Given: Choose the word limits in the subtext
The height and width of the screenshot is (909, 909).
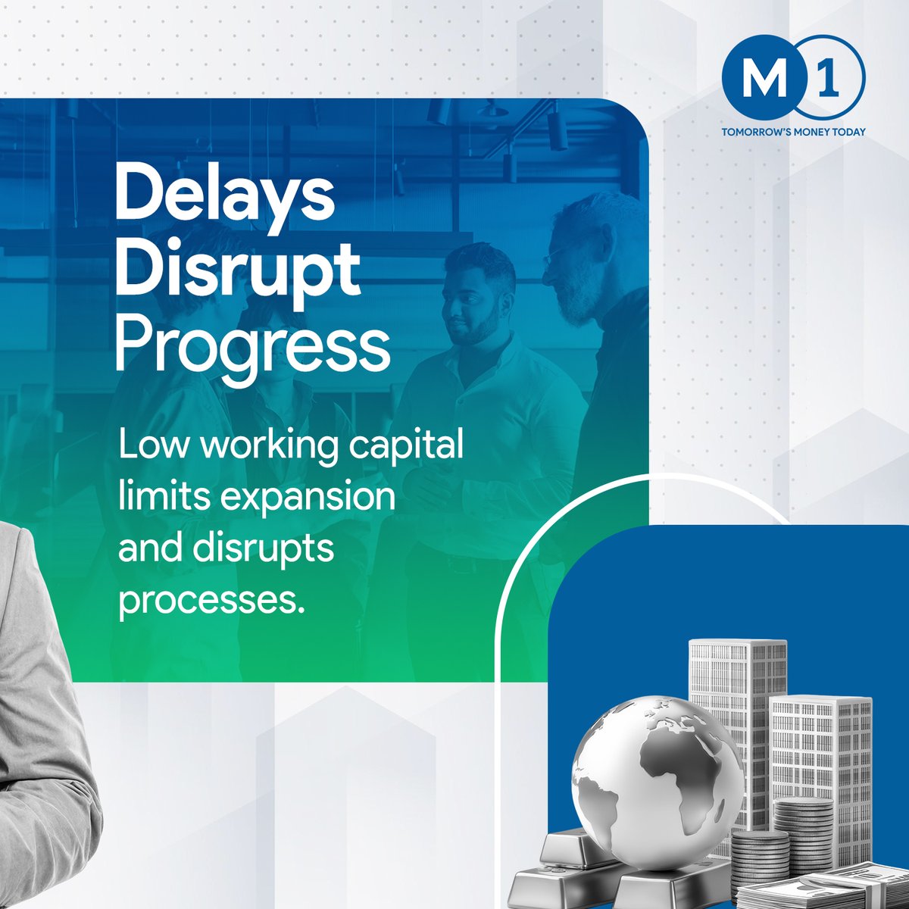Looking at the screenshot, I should point(151,498).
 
